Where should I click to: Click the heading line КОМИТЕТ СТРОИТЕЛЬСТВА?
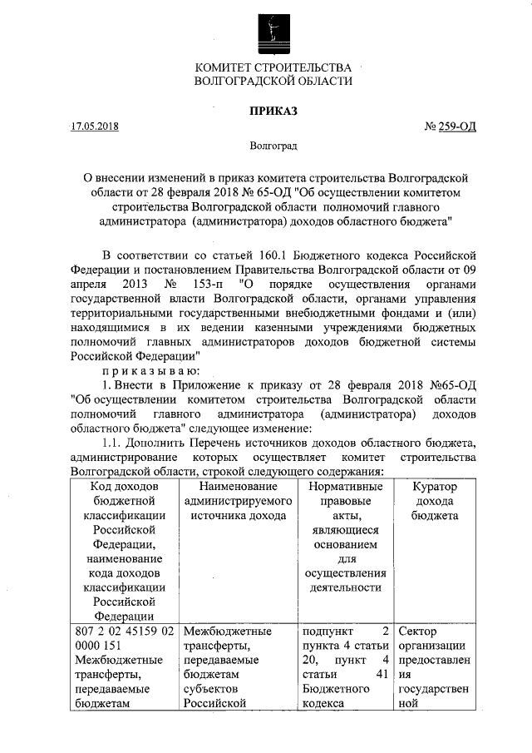tap(273, 67)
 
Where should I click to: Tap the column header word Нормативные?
tap(345, 486)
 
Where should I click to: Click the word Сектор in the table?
tap(418, 631)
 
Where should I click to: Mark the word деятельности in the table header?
tap(345, 587)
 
